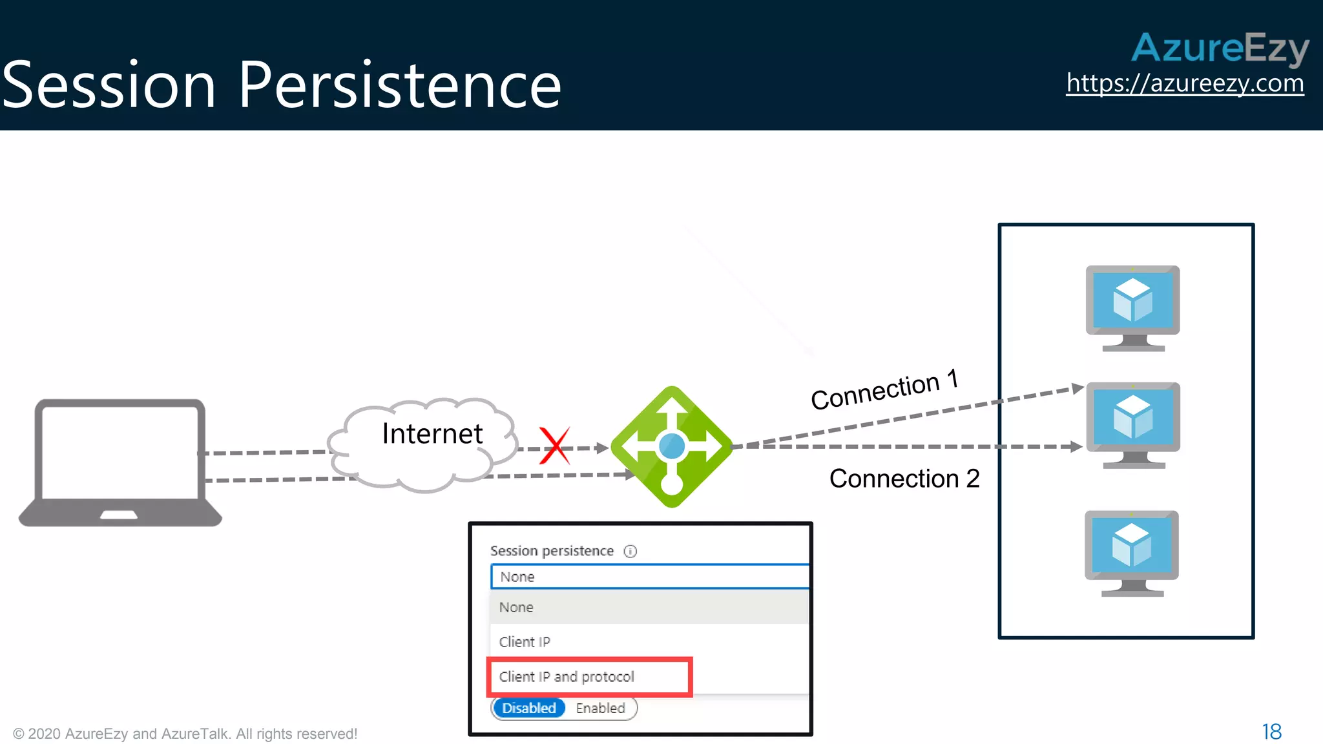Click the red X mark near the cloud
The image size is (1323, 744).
555,446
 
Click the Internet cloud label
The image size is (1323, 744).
432,433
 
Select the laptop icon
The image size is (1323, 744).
120,462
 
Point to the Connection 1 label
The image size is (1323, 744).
884,390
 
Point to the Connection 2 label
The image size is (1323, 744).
904,479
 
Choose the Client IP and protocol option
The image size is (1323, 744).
567,677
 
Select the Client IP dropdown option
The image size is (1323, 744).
525,642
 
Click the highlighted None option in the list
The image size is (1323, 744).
516,607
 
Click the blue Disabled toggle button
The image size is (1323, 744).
528,708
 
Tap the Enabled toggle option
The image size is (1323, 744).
600,708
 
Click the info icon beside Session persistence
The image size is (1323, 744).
630,551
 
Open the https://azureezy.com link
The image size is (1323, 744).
1185,83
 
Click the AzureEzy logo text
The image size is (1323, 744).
1220,48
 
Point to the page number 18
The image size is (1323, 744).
1271,732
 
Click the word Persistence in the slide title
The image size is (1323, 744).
400,85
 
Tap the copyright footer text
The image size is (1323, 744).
185,734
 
